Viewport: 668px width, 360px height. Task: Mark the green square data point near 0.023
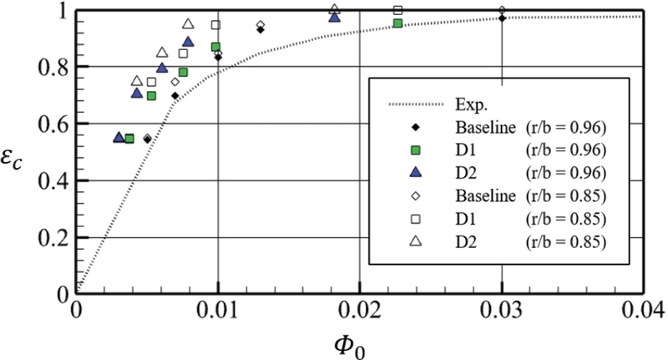click(397, 23)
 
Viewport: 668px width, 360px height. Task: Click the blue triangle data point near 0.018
click(335, 17)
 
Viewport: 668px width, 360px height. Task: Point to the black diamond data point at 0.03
click(502, 18)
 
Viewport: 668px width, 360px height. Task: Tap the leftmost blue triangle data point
click(119, 137)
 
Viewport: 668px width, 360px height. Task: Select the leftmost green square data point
click(129, 139)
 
